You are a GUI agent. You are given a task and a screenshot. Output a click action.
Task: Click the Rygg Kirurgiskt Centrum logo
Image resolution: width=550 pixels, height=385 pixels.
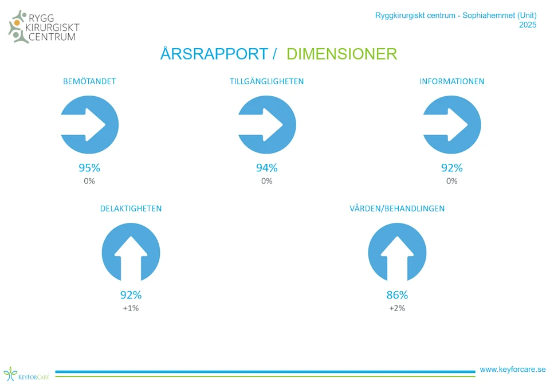click(44, 27)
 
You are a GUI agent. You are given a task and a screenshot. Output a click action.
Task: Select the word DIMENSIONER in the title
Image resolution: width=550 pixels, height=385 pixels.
click(341, 54)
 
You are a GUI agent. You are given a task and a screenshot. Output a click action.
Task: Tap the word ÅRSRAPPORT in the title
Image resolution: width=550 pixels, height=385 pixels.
click(214, 54)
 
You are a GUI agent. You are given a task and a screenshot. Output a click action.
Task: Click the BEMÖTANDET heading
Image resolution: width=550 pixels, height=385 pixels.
click(89, 81)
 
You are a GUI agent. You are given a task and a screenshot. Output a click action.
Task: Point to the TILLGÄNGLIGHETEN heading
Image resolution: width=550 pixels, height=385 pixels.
click(267, 81)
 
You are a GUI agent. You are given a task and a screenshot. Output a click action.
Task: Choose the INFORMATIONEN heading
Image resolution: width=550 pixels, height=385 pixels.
click(452, 81)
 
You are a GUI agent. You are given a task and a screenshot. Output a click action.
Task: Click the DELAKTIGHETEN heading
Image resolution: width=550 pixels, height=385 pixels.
click(131, 209)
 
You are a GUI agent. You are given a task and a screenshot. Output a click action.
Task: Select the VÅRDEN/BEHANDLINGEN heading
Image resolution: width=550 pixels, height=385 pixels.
click(397, 209)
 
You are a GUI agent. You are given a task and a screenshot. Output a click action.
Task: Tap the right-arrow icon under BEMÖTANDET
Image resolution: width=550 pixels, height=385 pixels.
click(90, 125)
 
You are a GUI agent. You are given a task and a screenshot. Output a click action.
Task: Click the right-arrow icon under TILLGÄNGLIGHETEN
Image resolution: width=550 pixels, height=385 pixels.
click(267, 125)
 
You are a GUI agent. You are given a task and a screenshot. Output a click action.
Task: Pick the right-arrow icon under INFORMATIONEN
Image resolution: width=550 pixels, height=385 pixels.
click(452, 125)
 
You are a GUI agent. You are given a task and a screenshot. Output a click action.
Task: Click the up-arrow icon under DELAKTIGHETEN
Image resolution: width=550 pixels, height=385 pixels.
click(131, 253)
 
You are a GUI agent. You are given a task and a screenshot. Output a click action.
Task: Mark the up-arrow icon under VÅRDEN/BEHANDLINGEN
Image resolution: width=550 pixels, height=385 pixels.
click(397, 253)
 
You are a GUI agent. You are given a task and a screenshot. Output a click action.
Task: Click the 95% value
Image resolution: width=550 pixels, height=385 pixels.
click(89, 168)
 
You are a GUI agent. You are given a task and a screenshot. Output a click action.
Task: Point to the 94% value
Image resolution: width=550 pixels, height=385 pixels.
click(267, 168)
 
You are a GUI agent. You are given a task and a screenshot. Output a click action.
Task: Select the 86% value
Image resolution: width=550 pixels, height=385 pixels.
click(397, 295)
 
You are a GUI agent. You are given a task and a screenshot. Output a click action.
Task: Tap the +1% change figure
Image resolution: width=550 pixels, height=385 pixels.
click(131, 308)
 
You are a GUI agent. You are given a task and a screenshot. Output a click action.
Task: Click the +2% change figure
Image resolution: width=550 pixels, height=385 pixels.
click(397, 308)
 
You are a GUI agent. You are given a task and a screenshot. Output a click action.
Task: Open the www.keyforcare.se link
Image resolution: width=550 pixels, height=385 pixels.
click(513, 370)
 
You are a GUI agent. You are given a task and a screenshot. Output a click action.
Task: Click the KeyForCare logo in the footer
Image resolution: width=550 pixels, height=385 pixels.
click(26, 375)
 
